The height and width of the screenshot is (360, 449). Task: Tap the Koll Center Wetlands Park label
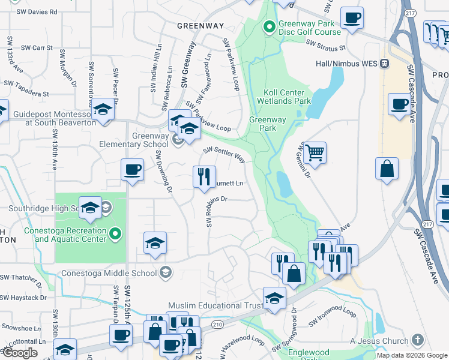[288, 97]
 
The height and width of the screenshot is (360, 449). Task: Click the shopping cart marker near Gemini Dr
[315, 153]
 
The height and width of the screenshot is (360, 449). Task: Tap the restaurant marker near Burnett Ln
[204, 176]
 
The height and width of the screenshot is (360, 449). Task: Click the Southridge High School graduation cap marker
[91, 208]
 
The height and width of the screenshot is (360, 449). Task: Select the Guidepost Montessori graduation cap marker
[103, 110]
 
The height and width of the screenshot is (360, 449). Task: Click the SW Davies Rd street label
[37, 11]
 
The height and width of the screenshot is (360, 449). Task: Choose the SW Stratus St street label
[325, 44]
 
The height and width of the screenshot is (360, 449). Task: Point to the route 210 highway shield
[217, 325]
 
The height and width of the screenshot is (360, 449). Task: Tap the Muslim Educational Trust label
[215, 305]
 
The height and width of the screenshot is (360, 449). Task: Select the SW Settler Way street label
[224, 154]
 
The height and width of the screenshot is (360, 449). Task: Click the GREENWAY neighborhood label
[200, 26]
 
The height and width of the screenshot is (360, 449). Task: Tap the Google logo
[20, 353]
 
